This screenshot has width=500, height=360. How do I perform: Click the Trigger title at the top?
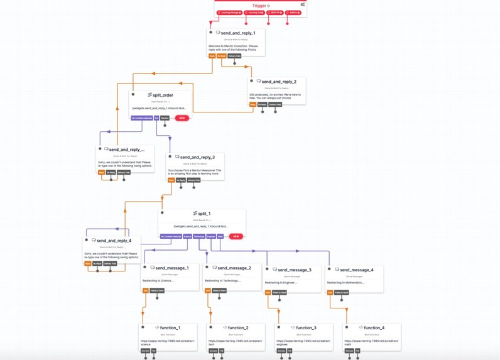259,5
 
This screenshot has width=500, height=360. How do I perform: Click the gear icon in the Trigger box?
302,4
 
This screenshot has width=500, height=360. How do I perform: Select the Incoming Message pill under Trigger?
229,13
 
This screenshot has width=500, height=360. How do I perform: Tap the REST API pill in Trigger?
276,13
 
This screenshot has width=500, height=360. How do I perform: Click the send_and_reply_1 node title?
237,33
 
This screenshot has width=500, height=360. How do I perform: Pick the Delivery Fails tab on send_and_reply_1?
234,56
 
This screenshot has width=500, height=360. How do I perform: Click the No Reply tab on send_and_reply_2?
263,104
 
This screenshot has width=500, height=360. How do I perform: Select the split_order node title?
162,95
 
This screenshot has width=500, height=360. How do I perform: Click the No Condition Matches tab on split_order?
141,118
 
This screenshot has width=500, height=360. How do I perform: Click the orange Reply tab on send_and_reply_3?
171,180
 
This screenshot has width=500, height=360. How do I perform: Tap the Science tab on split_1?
187,237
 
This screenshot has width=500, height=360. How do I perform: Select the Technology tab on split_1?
199,237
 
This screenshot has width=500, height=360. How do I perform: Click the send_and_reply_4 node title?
114,241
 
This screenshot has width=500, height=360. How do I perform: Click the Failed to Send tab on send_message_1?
157,291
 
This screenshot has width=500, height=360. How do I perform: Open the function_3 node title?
306,328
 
